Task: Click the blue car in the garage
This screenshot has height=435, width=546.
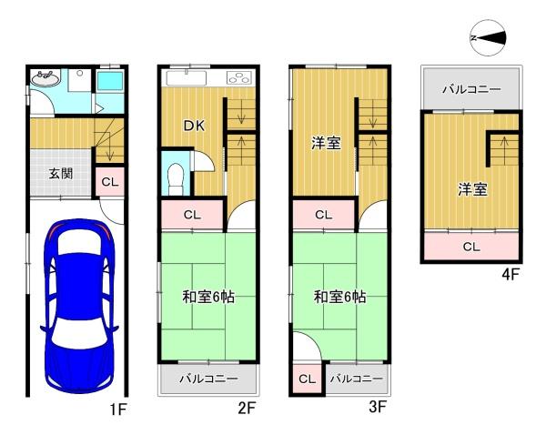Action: click(x=79, y=306)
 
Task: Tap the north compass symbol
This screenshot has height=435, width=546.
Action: click(x=488, y=37)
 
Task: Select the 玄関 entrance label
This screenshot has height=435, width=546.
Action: click(x=61, y=173)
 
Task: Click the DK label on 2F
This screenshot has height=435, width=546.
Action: click(x=194, y=126)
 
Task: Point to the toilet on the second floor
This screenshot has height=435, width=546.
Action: click(x=175, y=179)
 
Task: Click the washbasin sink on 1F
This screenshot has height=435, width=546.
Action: click(x=45, y=78)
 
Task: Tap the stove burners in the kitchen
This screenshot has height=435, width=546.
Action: click(x=238, y=77)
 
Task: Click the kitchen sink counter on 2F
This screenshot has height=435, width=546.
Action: click(x=187, y=77)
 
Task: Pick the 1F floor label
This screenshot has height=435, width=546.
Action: click(x=118, y=409)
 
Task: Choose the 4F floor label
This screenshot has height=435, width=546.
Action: click(x=511, y=275)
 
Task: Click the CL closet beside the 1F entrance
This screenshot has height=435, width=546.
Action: click(x=110, y=181)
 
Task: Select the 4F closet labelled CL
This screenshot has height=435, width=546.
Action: click(x=471, y=247)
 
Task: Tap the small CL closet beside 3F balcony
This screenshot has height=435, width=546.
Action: click(x=308, y=379)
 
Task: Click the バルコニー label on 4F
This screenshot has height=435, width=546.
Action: click(x=471, y=89)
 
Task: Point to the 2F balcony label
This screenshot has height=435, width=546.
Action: click(x=208, y=379)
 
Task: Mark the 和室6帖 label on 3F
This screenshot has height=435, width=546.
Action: click(x=339, y=297)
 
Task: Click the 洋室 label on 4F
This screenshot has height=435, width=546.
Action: click(x=472, y=189)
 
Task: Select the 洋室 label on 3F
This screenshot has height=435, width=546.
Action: click(x=326, y=143)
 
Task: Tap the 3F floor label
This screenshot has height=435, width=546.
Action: click(x=378, y=407)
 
